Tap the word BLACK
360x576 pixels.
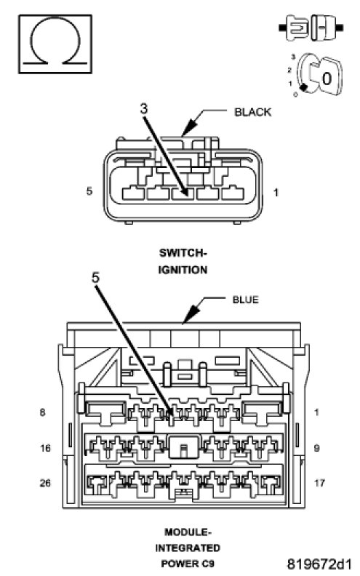(x=253, y=112)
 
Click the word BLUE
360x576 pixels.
(x=245, y=300)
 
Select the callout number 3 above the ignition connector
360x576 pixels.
(x=143, y=108)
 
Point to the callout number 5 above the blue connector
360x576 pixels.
(x=95, y=278)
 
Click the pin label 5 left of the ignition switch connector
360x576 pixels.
(x=89, y=191)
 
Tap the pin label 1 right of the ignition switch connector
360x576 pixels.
(x=276, y=192)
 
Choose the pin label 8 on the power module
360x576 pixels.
(x=43, y=412)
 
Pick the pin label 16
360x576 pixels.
(x=45, y=448)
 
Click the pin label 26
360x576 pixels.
(x=45, y=483)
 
